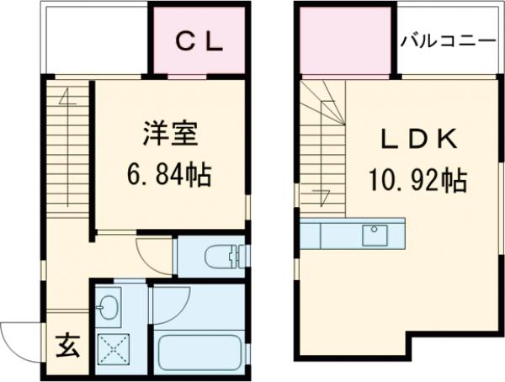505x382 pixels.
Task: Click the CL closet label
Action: pyautogui.click(x=199, y=42)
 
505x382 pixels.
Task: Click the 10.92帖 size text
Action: pyautogui.click(x=416, y=178)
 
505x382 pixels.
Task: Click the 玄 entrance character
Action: pyautogui.click(x=68, y=345)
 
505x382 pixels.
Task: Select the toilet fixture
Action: pyautogui.click(x=223, y=255)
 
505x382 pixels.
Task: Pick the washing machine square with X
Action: pyautogui.click(x=110, y=347)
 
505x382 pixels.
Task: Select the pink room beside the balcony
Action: pyautogui.click(x=345, y=45)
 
